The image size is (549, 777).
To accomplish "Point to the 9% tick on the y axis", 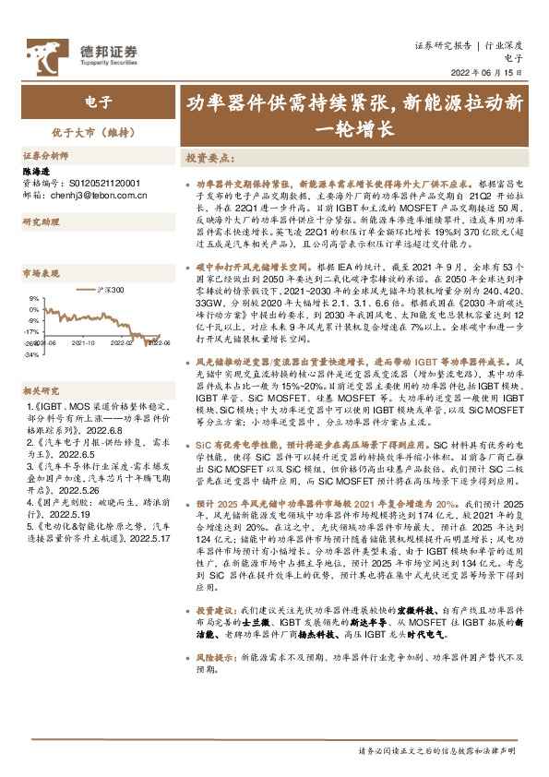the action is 33,298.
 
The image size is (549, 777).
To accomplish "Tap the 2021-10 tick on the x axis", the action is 84,341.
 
